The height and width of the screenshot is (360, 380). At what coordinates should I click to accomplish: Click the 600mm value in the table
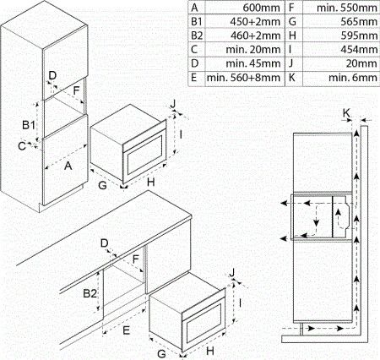pyautogui.click(x=261, y=8)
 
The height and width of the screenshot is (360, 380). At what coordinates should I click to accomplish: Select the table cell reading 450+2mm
pyautogui.click(x=255, y=22)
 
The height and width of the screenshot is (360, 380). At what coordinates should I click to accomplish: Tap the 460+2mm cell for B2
pyautogui.click(x=256, y=35)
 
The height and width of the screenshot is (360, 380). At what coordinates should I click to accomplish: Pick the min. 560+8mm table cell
pyautogui.click(x=243, y=78)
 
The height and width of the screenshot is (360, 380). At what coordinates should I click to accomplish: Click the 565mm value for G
pyautogui.click(x=359, y=22)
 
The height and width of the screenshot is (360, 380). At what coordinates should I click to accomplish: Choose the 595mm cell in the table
pyautogui.click(x=359, y=35)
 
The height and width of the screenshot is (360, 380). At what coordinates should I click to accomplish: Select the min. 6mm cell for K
pyautogui.click(x=353, y=78)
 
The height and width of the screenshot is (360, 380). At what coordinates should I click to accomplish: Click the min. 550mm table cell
pyautogui.click(x=347, y=8)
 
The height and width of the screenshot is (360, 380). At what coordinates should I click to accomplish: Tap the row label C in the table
pyautogui.click(x=194, y=50)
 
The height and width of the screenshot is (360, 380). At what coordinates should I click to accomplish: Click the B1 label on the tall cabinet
pyautogui.click(x=29, y=125)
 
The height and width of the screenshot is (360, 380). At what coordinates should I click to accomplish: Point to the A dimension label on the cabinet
pyautogui.click(x=68, y=166)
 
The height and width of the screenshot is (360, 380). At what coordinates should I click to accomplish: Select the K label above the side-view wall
pyautogui.click(x=346, y=113)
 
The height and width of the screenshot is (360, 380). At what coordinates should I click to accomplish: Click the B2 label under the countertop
pyautogui.click(x=90, y=293)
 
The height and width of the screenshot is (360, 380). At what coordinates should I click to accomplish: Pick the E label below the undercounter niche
pyautogui.click(x=127, y=330)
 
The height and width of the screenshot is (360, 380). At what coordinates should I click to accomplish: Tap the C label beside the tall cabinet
pyautogui.click(x=22, y=146)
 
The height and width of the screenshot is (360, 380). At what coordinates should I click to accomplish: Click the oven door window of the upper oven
pyautogui.click(x=146, y=156)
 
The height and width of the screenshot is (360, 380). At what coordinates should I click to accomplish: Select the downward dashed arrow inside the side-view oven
pyautogui.click(x=317, y=215)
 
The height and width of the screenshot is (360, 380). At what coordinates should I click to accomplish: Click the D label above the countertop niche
pyautogui.click(x=105, y=243)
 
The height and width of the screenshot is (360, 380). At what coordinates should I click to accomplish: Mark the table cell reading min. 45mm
pyautogui.click(x=252, y=63)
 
